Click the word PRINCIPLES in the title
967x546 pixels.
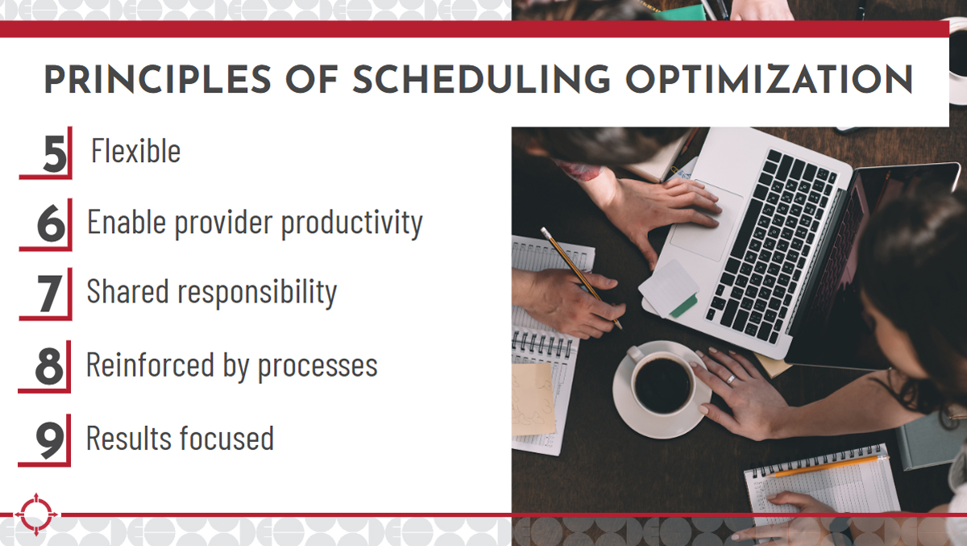(158, 80)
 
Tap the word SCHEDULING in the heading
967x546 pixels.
(482, 80)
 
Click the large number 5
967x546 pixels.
(55, 153)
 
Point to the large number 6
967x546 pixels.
(52, 223)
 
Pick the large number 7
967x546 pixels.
(49, 294)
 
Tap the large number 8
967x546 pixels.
(49, 366)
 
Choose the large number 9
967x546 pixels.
(50, 440)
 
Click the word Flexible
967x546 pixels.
(135, 150)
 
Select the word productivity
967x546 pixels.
(352, 223)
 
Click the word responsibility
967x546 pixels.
(257, 293)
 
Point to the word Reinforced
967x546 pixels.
(150, 365)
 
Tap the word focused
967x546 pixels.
(226, 438)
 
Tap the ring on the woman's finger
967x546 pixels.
(730, 379)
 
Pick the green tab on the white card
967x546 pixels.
(683, 306)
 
